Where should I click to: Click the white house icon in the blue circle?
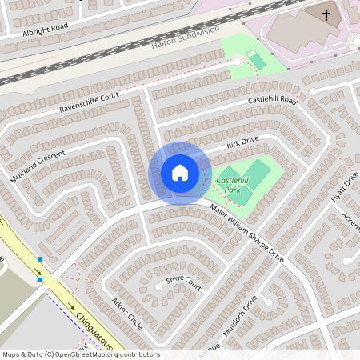180,173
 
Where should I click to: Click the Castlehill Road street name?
272,100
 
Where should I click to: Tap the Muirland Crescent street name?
38,164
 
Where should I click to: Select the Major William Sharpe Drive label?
247,233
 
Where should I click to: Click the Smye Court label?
183,281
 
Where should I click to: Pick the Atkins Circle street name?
127,314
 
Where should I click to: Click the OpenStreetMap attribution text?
80,354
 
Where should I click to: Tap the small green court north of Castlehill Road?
257,61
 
